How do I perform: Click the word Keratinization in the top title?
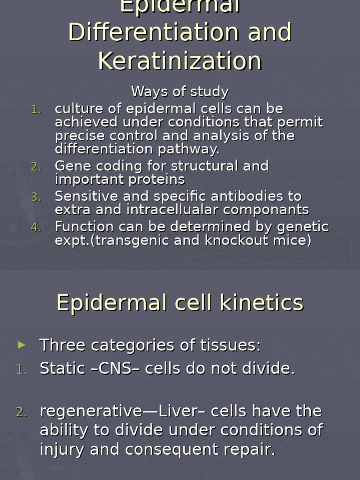[180, 61]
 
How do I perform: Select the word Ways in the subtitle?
[147, 91]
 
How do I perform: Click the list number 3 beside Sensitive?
[36, 197]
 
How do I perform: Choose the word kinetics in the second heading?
[266, 303]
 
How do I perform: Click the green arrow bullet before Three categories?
[22, 345]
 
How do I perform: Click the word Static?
[60, 369]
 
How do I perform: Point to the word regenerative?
[91, 412]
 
